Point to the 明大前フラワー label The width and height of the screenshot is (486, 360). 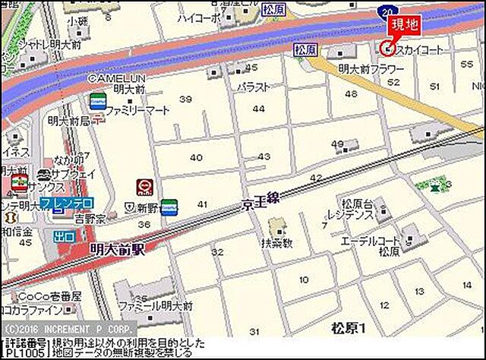(x=371, y=68)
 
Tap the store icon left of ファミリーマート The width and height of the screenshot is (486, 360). (x=96, y=100)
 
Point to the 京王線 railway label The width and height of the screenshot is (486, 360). (x=261, y=201)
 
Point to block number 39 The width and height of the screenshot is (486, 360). (x=185, y=99)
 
